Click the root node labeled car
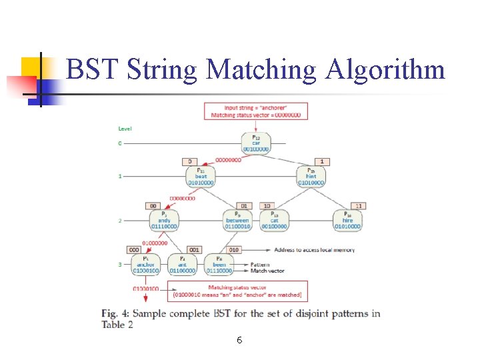[x=256, y=143]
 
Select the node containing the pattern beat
[x=201, y=176]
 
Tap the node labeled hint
[x=311, y=176]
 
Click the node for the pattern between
[x=237, y=220]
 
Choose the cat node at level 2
[x=274, y=220]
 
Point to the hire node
[x=347, y=220]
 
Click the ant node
[x=181, y=264]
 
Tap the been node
[x=219, y=264]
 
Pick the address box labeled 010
[x=233, y=249]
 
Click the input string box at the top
[x=256, y=111]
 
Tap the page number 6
[x=239, y=341]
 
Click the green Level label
[x=125, y=128]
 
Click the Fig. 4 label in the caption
[x=117, y=313]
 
